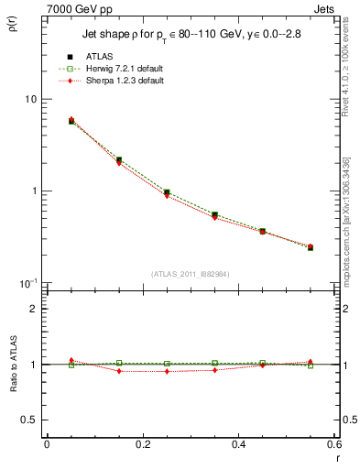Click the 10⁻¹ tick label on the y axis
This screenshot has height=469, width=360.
pyautogui.click(x=27, y=283)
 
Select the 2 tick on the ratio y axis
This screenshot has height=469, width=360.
pyautogui.click(x=34, y=309)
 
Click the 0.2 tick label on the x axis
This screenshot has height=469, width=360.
pyautogui.click(x=142, y=443)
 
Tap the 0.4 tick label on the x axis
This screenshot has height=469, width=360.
pyautogui.click(x=238, y=443)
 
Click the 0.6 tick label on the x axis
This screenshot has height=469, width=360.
pyautogui.click(x=333, y=443)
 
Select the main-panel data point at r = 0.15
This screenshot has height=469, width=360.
pyautogui.click(x=119, y=160)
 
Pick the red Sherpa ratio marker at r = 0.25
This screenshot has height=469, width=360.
pyautogui.click(x=167, y=371)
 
